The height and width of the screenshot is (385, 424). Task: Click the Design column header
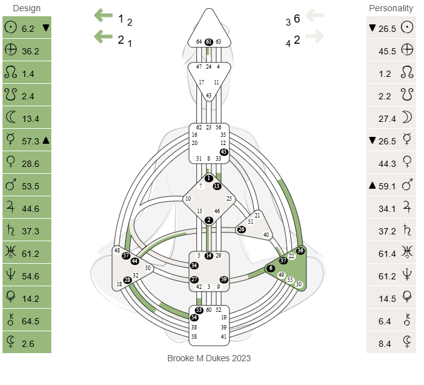26,8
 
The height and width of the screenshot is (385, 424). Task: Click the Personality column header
391,8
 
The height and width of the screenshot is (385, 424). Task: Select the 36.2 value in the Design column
30,51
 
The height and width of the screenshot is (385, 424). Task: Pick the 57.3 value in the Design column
30,141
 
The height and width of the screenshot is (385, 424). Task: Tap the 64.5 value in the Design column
30,321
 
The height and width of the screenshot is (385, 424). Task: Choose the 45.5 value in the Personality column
387,51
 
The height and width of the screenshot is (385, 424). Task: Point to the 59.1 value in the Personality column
387,186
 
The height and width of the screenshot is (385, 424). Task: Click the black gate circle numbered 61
209,42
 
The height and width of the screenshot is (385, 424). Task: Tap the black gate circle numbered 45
224,152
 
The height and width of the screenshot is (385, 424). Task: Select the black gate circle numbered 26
241,229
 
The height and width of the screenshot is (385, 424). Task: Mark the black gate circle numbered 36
300,251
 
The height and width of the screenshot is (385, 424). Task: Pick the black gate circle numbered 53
199,310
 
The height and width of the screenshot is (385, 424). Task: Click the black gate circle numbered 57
126,256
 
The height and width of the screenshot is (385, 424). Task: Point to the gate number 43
209,96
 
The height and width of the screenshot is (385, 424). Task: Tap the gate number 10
188,199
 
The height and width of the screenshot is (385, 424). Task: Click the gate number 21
257,215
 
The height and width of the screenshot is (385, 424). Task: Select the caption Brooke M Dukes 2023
209,358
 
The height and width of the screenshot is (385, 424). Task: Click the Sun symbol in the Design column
10,28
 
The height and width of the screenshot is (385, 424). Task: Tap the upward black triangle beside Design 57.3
46,141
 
